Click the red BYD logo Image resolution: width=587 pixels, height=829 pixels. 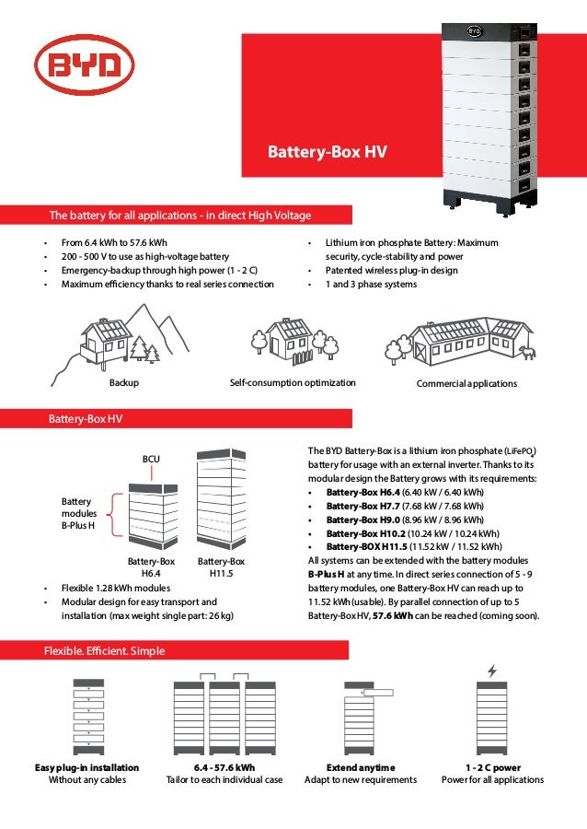pyautogui.click(x=84, y=64)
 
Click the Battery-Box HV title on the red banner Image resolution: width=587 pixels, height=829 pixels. pyautogui.click(x=327, y=152)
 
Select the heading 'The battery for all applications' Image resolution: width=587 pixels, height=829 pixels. pyautogui.click(x=179, y=216)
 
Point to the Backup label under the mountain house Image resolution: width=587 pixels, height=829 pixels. pyautogui.click(x=124, y=383)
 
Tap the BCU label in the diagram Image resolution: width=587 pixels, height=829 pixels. pyautogui.click(x=151, y=457)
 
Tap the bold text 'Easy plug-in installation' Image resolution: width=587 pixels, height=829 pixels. pyautogui.click(x=86, y=767)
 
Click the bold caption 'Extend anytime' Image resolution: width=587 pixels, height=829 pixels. pyautogui.click(x=361, y=767)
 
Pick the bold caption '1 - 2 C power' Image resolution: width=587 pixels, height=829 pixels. pyautogui.click(x=492, y=767)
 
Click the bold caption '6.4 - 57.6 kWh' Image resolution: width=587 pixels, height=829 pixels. pyautogui.click(x=224, y=767)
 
